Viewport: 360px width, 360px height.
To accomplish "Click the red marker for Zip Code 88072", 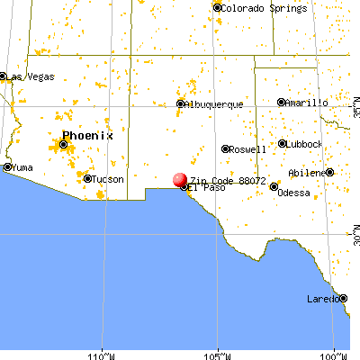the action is point(178,181).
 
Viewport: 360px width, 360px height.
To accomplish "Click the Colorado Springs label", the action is point(255,8).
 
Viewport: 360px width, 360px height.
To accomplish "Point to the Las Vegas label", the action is point(27,76).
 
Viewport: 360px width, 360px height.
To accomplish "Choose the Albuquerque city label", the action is point(215,104).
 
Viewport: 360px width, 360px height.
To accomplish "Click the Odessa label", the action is point(293,193).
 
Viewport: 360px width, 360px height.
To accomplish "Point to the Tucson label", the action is point(109,179).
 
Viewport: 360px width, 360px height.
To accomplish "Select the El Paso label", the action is point(206,189).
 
